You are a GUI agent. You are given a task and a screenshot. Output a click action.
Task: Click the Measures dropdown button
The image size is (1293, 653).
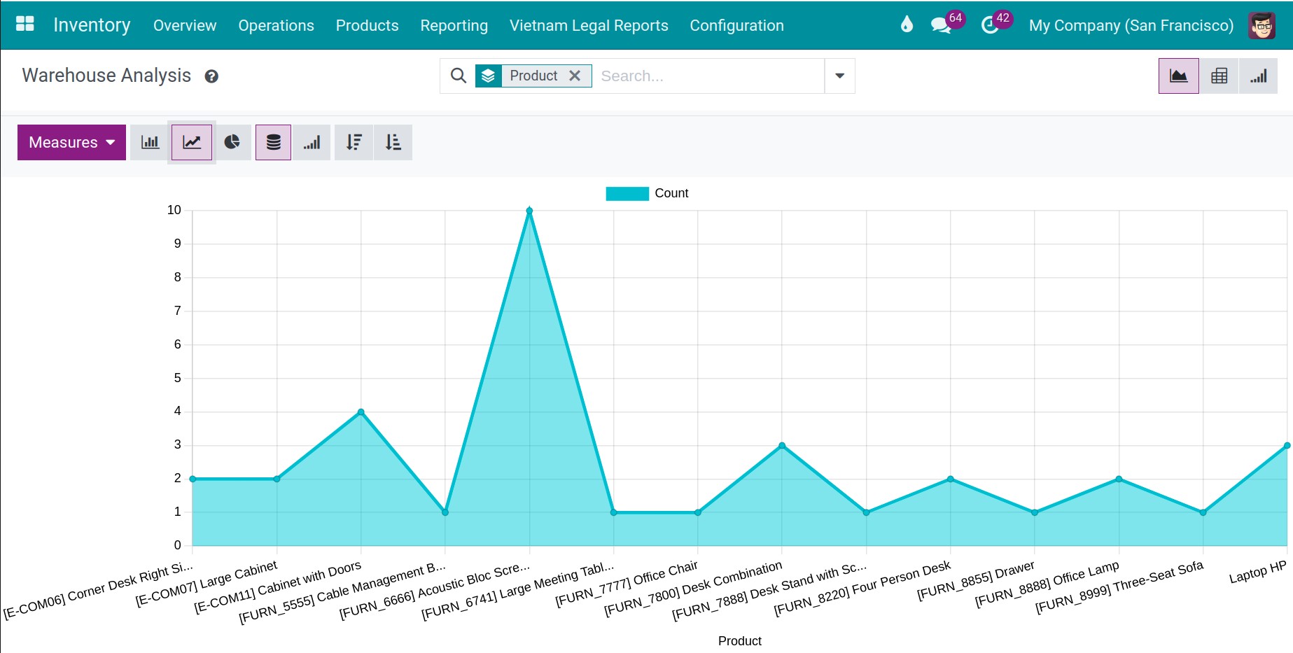[71, 142]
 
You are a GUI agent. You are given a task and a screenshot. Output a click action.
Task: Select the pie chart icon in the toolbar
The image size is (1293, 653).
[232, 142]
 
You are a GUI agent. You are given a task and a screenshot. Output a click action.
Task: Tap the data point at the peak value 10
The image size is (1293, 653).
[529, 211]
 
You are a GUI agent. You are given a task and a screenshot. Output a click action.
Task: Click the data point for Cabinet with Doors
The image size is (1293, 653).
[361, 412]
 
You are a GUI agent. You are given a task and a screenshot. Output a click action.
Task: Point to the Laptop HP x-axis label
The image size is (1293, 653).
[1257, 573]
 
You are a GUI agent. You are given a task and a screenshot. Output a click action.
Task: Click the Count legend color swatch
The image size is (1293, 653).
[627, 193]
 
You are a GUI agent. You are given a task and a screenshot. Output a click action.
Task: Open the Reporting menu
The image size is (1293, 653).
[454, 25]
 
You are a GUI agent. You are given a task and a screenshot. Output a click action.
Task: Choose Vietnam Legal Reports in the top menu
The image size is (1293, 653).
[589, 25]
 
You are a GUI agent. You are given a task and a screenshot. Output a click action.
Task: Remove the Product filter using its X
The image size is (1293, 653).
[575, 76]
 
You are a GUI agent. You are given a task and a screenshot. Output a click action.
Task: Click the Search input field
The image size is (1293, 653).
[707, 76]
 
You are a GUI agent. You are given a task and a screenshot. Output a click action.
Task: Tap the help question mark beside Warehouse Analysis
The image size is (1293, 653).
[211, 76]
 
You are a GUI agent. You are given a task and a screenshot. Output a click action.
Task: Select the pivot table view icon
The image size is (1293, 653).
[1219, 76]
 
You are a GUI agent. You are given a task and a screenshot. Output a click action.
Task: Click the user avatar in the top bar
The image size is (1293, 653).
[1261, 25]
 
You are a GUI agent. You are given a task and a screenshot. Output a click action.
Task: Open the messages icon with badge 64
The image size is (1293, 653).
[940, 25]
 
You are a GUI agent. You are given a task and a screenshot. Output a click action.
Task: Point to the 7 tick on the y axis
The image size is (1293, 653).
[177, 311]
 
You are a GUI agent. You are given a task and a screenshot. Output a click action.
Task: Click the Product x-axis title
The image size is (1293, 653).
[739, 641]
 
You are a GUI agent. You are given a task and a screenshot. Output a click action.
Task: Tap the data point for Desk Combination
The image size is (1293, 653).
[782, 446]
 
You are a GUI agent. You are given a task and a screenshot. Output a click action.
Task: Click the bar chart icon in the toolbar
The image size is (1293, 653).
[150, 142]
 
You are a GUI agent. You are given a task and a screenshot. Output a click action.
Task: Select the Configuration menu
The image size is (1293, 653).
[736, 25]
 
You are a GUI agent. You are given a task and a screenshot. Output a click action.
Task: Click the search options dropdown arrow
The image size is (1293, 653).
[839, 76]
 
